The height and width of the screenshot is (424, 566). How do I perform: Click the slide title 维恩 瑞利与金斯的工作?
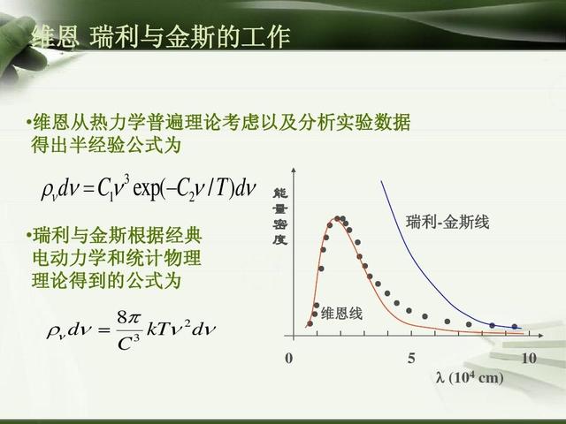click(x=161, y=37)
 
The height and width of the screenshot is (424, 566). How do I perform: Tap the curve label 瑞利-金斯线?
click(x=447, y=222)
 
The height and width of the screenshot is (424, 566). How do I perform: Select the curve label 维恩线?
click(x=341, y=314)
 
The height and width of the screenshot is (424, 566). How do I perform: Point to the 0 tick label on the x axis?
click(x=289, y=358)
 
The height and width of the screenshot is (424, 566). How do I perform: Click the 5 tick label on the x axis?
click(x=411, y=358)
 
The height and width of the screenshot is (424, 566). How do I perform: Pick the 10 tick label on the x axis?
click(x=529, y=358)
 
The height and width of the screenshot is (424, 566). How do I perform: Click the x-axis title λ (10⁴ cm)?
click(x=470, y=378)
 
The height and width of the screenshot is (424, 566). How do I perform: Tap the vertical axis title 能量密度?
click(x=279, y=216)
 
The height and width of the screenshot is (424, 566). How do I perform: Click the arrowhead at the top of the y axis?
click(x=294, y=170)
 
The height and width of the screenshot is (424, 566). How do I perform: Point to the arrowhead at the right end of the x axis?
click(x=540, y=336)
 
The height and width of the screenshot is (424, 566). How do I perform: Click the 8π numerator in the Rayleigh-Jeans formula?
click(x=128, y=318)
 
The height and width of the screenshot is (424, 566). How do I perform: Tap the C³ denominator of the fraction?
click(x=128, y=344)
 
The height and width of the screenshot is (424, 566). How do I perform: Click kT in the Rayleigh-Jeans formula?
click(x=157, y=329)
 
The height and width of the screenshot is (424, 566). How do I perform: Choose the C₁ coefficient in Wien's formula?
click(x=105, y=189)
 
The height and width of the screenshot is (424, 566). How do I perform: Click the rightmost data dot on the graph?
click(x=515, y=327)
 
